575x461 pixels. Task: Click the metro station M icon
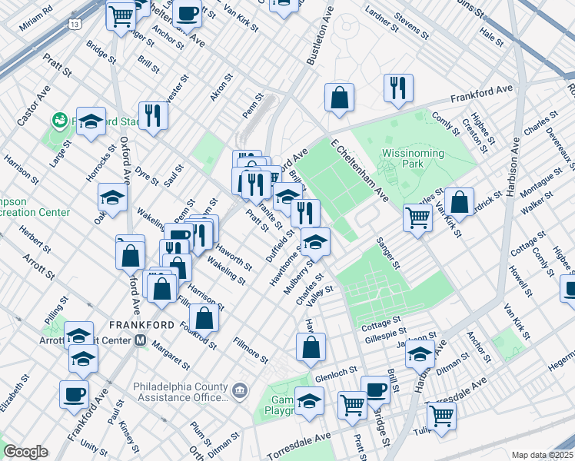coord(141,340)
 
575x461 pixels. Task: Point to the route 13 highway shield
coord(75,25)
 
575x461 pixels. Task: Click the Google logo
coord(25,452)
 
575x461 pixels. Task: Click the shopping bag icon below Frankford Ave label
coord(339,98)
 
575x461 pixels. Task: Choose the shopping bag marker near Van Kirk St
coord(459,203)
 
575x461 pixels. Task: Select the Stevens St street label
coord(410,25)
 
